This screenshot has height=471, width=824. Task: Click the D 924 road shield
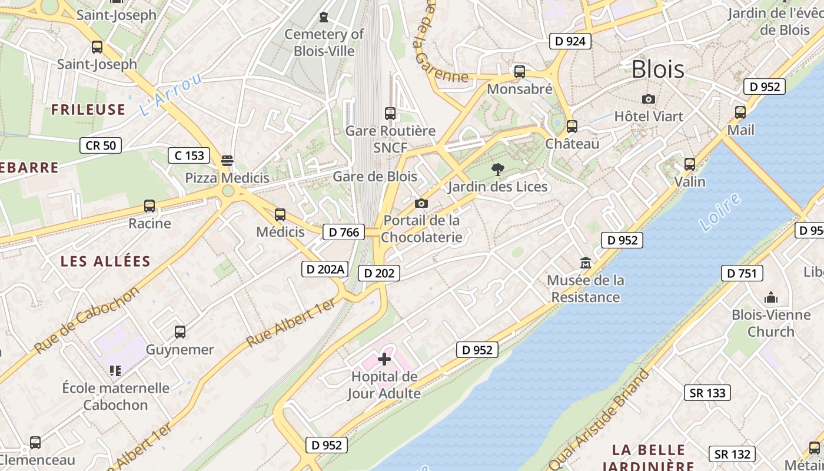tap(570, 41)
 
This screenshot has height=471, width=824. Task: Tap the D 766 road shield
tap(344, 232)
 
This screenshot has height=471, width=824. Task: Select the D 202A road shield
tap(325, 269)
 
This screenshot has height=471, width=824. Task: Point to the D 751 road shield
tap(742, 273)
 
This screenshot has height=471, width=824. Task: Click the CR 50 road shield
tap(101, 145)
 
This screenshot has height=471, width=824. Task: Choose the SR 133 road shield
tap(707, 393)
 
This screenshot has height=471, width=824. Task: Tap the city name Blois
tap(657, 69)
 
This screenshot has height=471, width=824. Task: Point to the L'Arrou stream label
tap(171, 94)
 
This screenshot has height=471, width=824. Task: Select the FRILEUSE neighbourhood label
tap(88, 110)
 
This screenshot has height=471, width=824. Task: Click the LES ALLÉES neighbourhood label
tap(106, 261)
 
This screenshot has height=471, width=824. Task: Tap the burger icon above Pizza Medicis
tap(227, 161)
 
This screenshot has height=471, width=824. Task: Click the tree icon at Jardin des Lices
tap(497, 170)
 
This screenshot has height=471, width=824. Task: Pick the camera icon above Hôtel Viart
tap(649, 99)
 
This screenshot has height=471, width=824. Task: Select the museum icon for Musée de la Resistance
tap(586, 263)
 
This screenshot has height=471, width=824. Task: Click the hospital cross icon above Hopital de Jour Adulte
tap(384, 359)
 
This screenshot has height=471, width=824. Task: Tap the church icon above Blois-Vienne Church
tap(770, 297)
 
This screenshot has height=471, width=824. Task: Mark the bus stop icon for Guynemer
tap(180, 332)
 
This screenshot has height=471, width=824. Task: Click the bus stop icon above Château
tap(572, 127)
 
